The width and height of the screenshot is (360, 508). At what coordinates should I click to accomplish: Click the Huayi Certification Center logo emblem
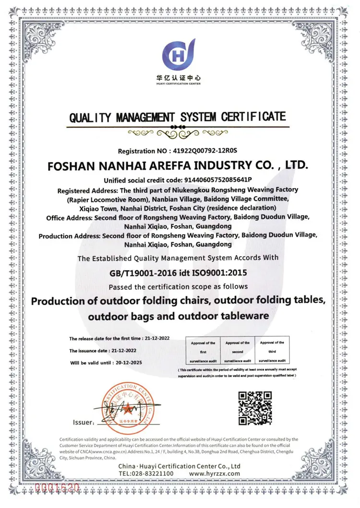(x=178, y=54)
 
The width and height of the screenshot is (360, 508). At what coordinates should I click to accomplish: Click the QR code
(x=255, y=408)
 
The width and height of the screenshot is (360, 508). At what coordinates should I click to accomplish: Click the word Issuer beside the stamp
(x=83, y=422)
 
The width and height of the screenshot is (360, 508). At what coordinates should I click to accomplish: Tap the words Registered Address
(x=83, y=189)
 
